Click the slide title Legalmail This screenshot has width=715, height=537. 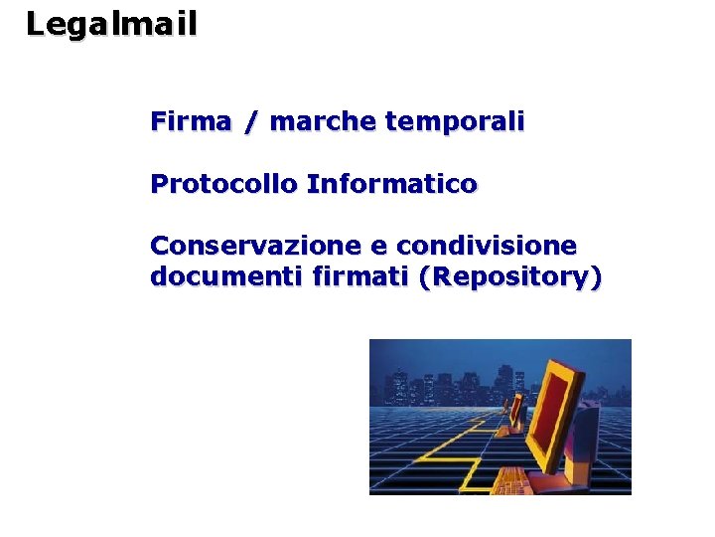click(111, 24)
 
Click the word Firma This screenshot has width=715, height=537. click(191, 122)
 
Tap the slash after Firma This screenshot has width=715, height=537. click(252, 123)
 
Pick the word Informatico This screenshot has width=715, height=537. click(392, 185)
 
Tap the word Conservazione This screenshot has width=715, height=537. click(255, 245)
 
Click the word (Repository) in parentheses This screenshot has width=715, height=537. click(509, 278)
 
